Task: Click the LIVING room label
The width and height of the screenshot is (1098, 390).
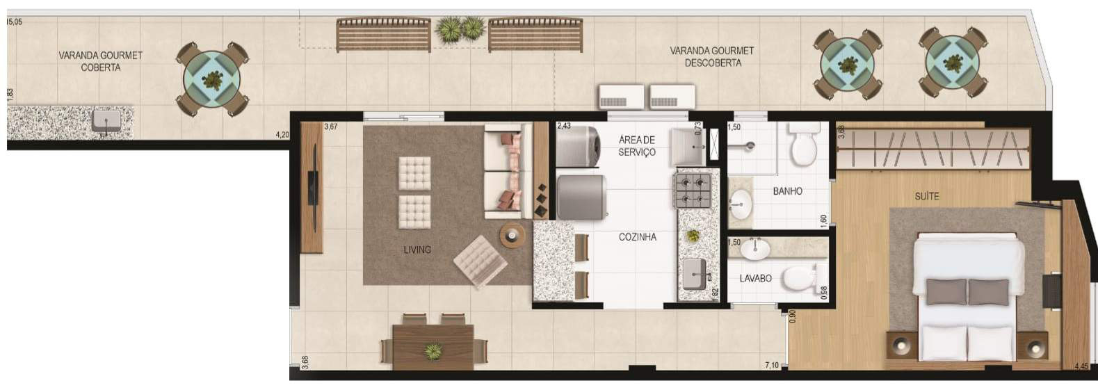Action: click(x=417, y=250)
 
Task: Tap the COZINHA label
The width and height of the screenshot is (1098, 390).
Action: click(x=637, y=237)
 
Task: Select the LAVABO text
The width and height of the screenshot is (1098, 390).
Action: click(x=755, y=278)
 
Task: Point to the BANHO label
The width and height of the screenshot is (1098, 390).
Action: click(x=788, y=191)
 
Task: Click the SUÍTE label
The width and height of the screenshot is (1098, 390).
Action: click(x=927, y=197)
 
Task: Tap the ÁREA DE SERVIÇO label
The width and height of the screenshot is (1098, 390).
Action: click(x=637, y=146)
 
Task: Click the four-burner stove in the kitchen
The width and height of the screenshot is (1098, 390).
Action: click(x=693, y=190)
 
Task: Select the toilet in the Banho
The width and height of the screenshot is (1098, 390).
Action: click(x=804, y=145)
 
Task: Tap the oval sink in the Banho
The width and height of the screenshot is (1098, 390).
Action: click(x=741, y=204)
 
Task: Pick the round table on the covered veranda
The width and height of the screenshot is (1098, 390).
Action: click(x=212, y=79)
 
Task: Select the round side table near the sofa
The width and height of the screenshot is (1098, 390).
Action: click(x=512, y=236)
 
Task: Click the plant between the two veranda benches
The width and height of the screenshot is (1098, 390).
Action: click(x=461, y=29)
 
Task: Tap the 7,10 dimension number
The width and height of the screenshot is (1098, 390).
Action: click(x=772, y=365)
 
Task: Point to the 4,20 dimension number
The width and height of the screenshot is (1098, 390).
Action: click(x=282, y=135)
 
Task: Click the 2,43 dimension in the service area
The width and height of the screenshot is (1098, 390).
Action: click(x=564, y=126)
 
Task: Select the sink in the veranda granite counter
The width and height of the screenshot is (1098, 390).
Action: click(x=106, y=121)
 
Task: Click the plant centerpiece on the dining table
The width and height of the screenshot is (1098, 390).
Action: click(x=433, y=351)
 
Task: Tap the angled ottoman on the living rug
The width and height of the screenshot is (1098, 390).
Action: click(x=480, y=262)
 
